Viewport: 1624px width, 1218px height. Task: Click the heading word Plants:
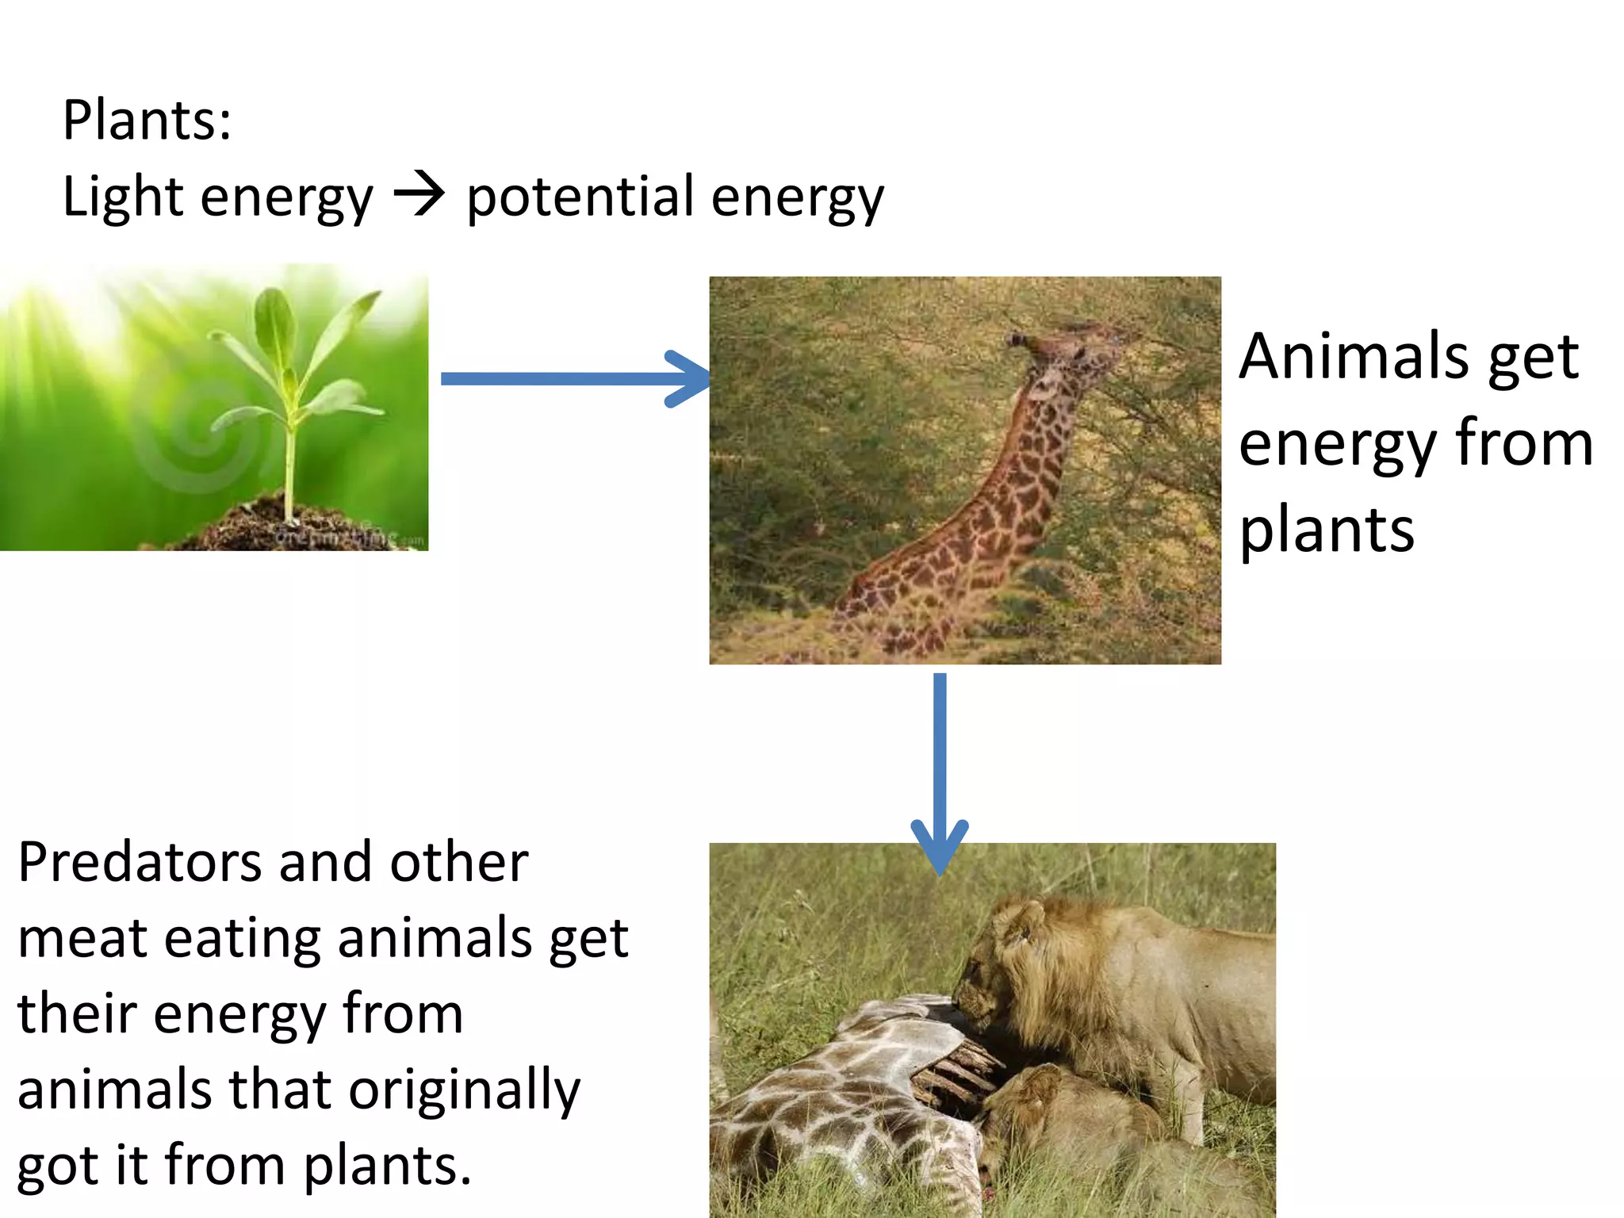[147, 121]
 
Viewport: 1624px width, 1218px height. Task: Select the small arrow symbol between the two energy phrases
[419, 195]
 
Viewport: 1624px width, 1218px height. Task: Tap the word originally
[465, 1091]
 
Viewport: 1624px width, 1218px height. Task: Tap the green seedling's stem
[291, 468]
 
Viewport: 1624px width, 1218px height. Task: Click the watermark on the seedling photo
[349, 537]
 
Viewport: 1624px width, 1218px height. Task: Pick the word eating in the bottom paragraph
[243, 938]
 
